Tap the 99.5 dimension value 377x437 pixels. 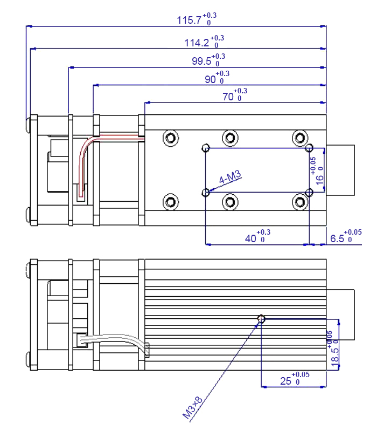pos(202,61)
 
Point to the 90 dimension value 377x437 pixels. pos(211,79)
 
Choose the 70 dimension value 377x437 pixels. pos(228,97)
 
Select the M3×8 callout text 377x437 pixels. pos(192,408)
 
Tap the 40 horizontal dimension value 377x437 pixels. pos(252,238)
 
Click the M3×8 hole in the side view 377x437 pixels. pos(261,319)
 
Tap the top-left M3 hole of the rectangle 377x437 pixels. pos(206,147)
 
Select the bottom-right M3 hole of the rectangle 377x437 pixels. pos(309,192)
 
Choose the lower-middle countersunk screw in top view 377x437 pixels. pos(230,202)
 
